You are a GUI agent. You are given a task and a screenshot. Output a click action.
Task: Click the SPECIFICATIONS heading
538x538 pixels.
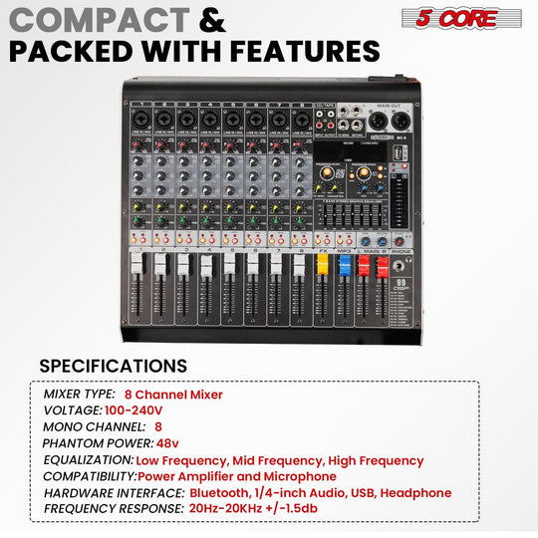coord(113,366)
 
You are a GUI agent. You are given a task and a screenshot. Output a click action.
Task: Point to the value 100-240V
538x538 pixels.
coord(133,410)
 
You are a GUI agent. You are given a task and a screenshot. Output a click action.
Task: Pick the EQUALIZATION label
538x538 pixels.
coord(88,460)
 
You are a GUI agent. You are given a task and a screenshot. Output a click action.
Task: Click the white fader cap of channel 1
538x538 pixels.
coord(135,264)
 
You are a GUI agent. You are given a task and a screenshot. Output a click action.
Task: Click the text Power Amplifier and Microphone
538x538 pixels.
coord(243,476)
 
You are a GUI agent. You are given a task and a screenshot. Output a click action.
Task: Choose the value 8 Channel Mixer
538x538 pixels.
coord(173,395)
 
